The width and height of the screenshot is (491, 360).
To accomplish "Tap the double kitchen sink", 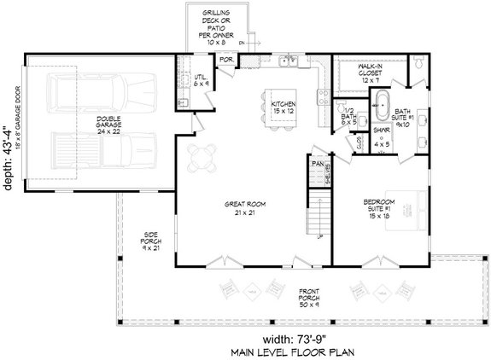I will (x=290, y=61).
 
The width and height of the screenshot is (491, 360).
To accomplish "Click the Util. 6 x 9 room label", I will (x=201, y=81).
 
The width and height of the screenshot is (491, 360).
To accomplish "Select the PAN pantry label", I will (x=318, y=162).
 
